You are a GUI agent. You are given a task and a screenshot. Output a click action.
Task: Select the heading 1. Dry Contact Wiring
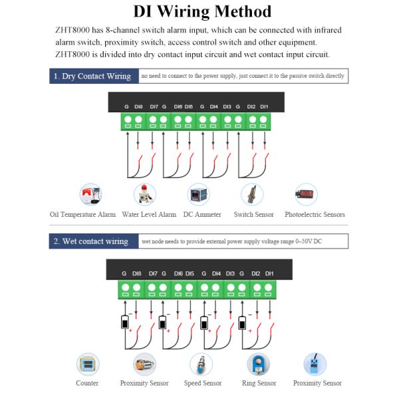click(92, 76)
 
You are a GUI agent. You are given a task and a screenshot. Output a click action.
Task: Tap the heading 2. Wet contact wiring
click(92, 241)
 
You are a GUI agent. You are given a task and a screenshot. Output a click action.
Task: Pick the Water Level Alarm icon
click(143, 195)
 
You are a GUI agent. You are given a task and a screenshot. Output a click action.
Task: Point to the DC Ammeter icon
click(198, 195)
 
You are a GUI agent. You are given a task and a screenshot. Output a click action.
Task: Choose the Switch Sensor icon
click(253, 195)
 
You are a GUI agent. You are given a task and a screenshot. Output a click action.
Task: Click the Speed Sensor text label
click(203, 383)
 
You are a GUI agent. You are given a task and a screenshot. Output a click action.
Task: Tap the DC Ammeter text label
click(202, 215)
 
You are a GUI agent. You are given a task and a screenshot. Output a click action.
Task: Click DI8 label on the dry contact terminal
click(138, 106)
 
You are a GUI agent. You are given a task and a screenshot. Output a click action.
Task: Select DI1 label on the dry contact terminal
click(264, 106)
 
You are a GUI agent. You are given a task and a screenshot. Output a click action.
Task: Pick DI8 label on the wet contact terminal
click(136, 273)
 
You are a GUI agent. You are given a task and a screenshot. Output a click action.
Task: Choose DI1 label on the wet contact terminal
click(269, 273)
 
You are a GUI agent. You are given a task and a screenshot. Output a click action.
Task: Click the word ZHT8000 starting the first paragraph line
click(70, 31)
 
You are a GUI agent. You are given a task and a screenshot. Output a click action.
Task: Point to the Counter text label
click(87, 383)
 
